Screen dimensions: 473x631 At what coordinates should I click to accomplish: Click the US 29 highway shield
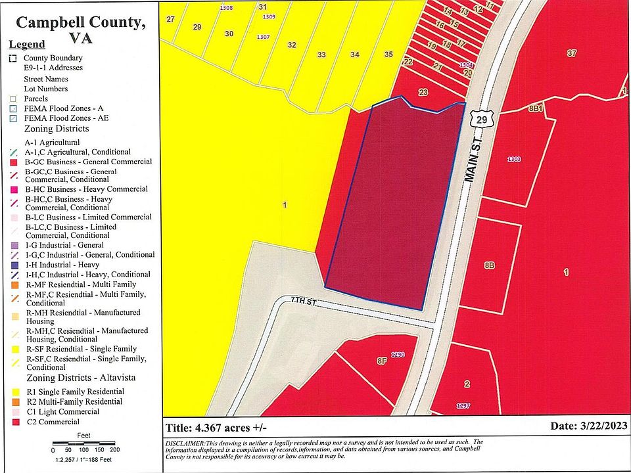482,119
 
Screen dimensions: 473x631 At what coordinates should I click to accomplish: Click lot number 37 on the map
571,53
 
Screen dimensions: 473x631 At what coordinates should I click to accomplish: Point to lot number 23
423,92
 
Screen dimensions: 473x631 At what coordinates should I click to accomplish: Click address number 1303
514,159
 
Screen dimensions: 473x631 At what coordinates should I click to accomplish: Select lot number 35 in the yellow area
388,54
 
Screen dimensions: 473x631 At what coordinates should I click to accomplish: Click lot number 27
170,19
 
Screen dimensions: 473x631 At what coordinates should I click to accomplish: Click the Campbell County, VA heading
80,30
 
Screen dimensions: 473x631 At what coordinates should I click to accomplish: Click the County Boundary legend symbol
13,58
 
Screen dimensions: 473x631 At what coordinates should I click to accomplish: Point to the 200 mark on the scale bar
114,450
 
